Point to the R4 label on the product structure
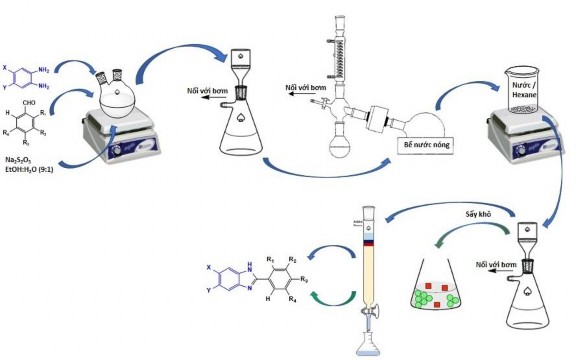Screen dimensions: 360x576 292,299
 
